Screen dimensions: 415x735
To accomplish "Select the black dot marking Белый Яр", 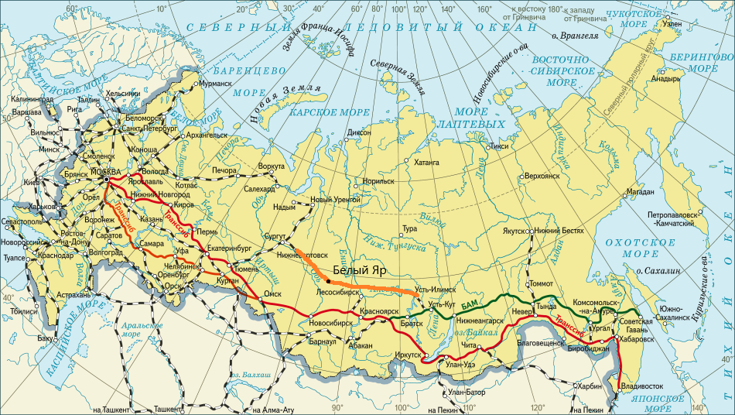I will coord(329,281).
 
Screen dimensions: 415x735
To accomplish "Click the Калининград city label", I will coord(32,99).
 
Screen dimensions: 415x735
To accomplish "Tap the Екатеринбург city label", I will coord(231,249).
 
